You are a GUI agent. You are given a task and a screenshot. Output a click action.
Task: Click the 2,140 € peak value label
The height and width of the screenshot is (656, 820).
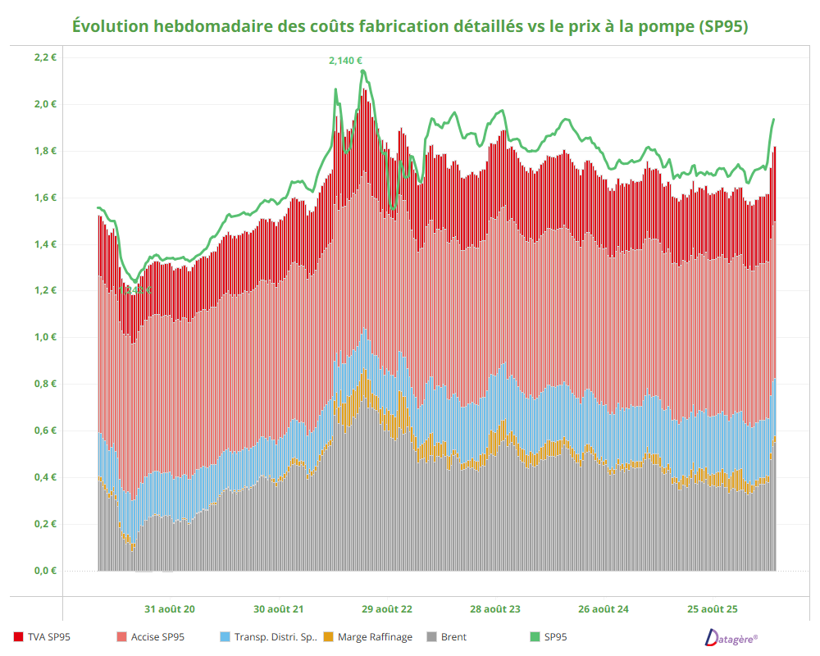[345, 60]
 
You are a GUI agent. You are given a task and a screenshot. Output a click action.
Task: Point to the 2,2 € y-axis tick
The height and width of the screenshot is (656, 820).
[44, 57]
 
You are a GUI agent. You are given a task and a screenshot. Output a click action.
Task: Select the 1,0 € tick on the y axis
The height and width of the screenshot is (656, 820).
[44, 337]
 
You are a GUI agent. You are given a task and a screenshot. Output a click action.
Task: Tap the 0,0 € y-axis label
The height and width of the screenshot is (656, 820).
[44, 571]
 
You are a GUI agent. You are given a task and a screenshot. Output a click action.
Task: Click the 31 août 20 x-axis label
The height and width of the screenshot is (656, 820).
[170, 609]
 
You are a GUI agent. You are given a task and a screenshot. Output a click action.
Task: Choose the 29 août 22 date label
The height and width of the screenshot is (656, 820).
[387, 609]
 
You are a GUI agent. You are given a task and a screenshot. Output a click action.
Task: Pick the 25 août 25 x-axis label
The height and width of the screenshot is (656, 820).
[713, 609]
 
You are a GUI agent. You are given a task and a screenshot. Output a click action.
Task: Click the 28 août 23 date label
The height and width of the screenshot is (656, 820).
[495, 609]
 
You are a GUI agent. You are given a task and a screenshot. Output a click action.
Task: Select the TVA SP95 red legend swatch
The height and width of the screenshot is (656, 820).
[18, 636]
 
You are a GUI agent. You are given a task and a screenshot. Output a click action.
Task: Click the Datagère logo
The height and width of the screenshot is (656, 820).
[731, 636]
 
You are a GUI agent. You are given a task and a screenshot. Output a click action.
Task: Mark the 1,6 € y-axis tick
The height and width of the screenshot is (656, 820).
[44, 198]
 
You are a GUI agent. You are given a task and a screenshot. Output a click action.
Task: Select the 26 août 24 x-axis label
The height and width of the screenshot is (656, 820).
[604, 609]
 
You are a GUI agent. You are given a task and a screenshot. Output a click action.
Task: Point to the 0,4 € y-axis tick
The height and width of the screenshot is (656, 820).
[44, 477]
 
